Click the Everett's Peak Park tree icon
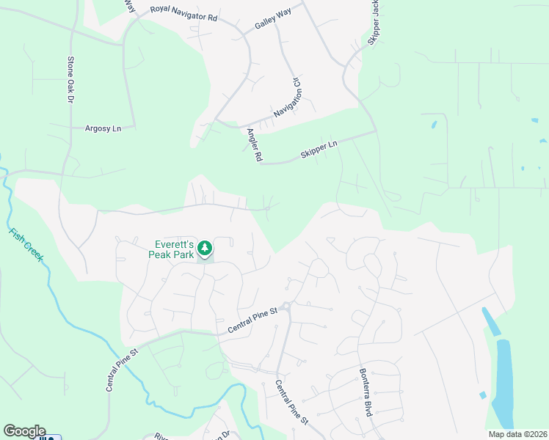(x=206, y=249)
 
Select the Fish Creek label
(x=26, y=246)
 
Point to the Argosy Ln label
(x=103, y=128)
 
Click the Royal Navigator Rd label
(x=183, y=13)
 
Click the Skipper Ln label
(x=318, y=150)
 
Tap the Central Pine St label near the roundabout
(x=252, y=320)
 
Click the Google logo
(x=24, y=431)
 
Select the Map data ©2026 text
(x=517, y=434)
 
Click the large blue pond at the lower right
(x=503, y=381)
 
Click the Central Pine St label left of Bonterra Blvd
(x=291, y=402)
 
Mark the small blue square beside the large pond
(x=482, y=395)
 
